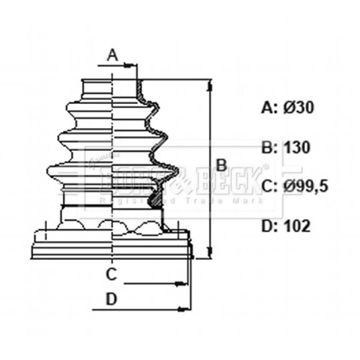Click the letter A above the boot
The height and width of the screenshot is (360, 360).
coord(112,55)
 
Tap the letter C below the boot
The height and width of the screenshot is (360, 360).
coord(112,273)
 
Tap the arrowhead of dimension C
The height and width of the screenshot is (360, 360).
coord(180,283)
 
